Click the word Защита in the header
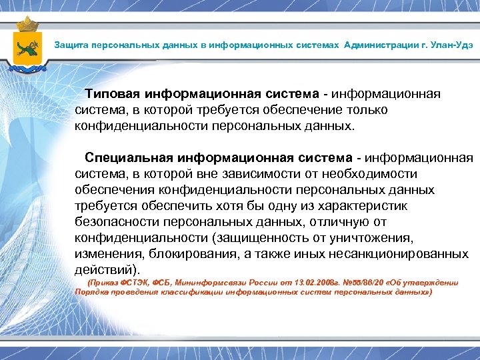[72, 45]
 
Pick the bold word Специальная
[129, 158]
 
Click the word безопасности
[118, 222]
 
